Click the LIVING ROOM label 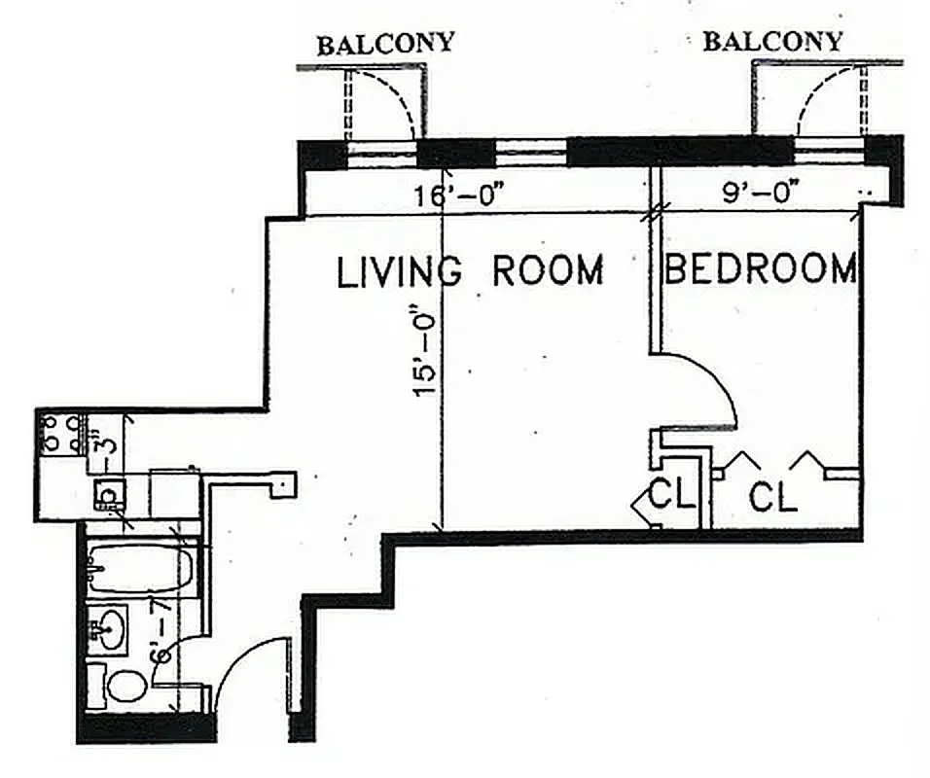470,270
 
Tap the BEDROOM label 760,268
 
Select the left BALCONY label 386,43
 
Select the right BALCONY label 772,42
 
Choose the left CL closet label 672,495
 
